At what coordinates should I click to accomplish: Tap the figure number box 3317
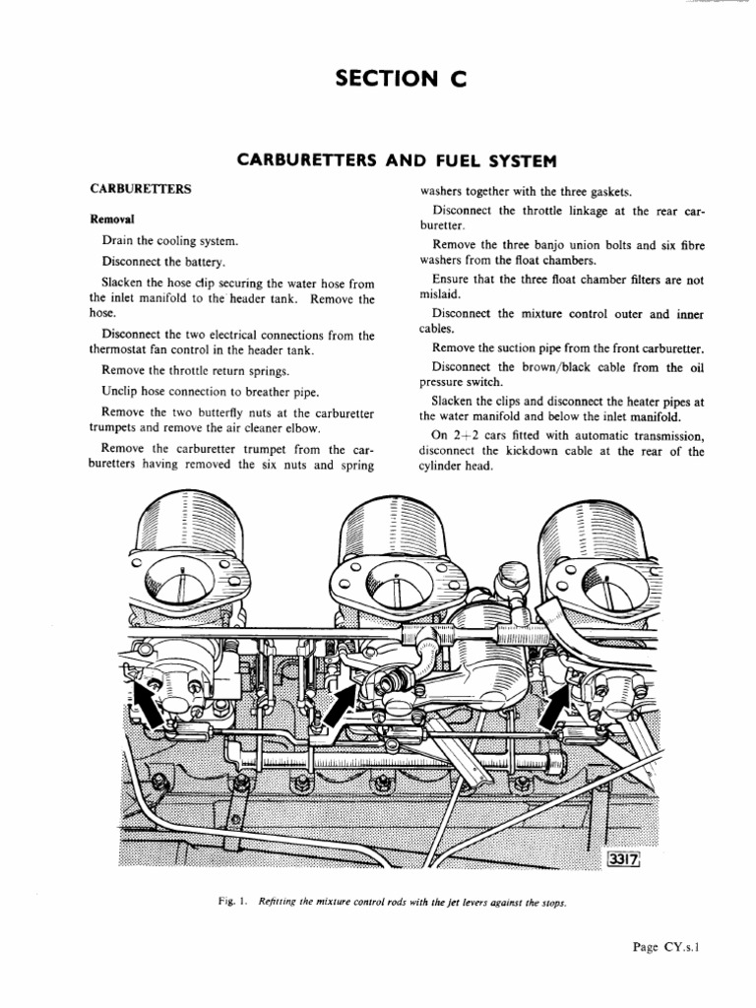(624, 861)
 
